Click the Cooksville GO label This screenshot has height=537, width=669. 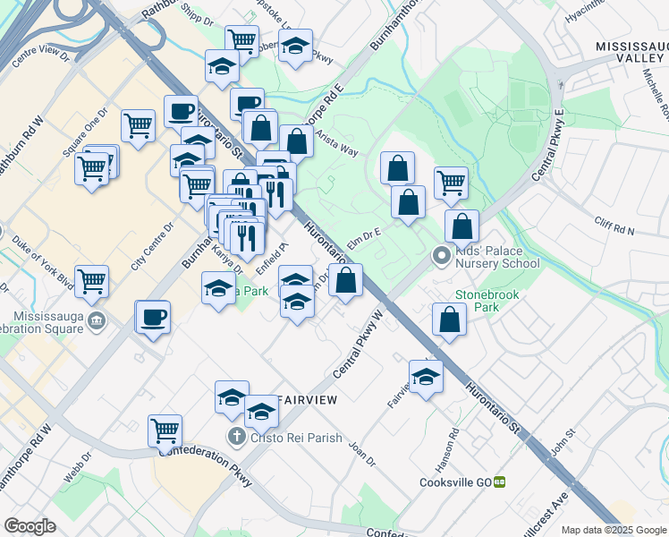click(x=455, y=482)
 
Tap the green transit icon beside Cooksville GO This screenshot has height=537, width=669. click(x=500, y=482)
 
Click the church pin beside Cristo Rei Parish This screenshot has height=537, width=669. click(x=236, y=437)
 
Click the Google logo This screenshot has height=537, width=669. click(x=30, y=525)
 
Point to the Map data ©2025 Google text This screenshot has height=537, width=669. click(x=614, y=530)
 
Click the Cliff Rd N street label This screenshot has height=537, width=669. click(x=614, y=225)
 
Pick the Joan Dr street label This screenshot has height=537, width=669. click(x=362, y=454)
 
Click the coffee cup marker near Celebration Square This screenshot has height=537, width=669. click(x=153, y=317)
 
